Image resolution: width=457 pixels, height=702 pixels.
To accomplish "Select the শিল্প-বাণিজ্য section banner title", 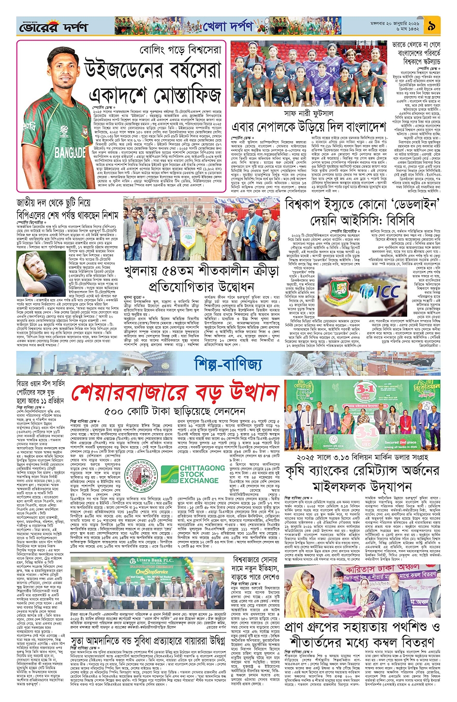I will coord(228,363).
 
